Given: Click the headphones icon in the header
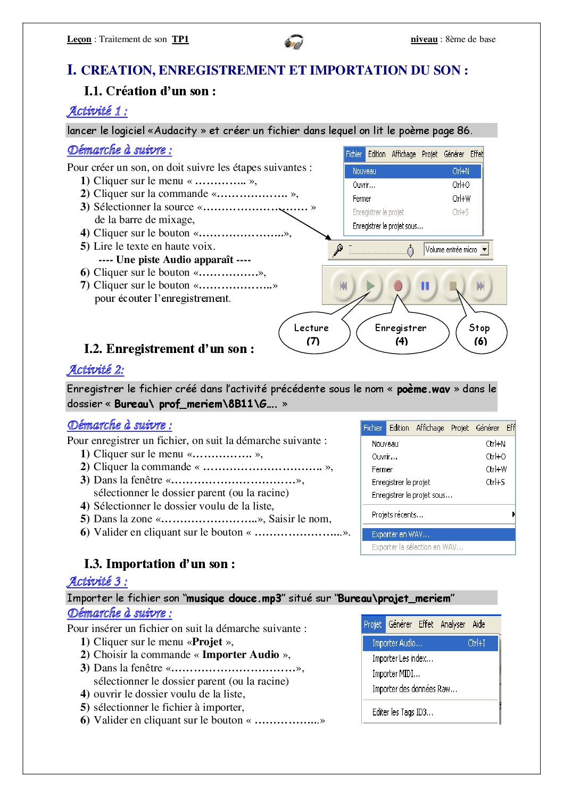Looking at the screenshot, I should (294, 42).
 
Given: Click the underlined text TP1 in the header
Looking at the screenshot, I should (180, 39).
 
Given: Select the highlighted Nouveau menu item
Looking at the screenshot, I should (412, 171).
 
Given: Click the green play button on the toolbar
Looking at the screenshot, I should (370, 286).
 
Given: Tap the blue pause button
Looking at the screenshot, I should (425, 286).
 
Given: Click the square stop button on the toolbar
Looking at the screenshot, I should (453, 286).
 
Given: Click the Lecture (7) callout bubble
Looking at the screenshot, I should (313, 334).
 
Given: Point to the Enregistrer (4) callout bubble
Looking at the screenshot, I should (401, 334).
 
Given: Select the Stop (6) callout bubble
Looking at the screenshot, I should (480, 334).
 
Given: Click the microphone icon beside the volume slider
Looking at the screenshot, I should (337, 250).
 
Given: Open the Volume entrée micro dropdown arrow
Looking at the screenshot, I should (484, 249).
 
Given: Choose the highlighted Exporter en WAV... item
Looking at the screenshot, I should (438, 534).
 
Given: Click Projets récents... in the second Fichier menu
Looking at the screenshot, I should (398, 514).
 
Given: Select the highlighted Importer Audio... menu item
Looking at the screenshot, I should (430, 643).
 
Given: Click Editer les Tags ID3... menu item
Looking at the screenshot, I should (402, 712).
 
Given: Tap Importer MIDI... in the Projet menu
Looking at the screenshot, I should (396, 673).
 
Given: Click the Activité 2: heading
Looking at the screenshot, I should (95, 369).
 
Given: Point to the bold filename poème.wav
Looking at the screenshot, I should (423, 389).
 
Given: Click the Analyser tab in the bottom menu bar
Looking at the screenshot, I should (453, 624).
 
